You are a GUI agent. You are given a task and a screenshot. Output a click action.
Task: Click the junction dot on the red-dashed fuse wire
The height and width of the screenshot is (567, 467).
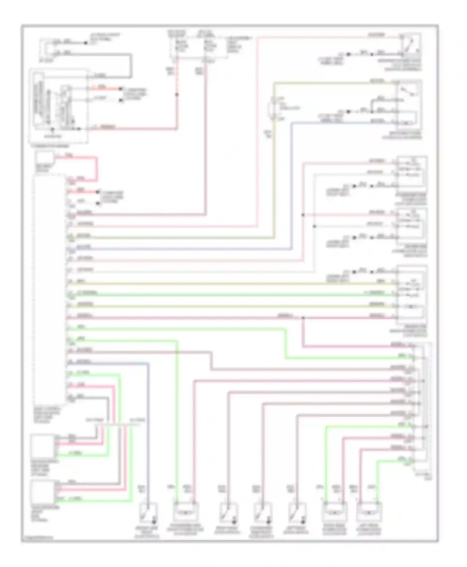tap(177, 94)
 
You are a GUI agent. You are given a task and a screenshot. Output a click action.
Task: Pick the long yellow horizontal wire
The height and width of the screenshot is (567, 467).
tap(230, 283)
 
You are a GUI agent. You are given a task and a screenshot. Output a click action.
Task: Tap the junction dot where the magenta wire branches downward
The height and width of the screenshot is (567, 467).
tap(303, 318)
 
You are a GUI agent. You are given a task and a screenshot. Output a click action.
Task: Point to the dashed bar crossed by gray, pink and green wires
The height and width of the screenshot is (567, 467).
tap(117, 425)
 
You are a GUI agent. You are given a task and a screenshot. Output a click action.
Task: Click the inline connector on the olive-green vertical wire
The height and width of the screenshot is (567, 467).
tap(273, 109)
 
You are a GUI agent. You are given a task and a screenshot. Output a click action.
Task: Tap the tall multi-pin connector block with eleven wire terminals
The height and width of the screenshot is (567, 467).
tap(422, 404)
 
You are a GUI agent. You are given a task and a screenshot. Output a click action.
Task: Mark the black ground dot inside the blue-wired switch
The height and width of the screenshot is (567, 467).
tap(154, 522)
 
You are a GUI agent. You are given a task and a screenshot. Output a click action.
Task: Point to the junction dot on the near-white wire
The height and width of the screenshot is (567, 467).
tap(314, 226)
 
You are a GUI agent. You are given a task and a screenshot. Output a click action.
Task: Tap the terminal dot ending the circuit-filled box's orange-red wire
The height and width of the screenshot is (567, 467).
tap(121, 89)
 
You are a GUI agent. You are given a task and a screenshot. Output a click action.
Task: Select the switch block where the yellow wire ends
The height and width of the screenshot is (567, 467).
tap(412, 292)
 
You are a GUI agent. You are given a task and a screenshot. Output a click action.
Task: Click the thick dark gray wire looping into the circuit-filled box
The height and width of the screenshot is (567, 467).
tap(131, 65)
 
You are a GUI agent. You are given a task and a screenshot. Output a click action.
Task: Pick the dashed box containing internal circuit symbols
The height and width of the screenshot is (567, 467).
tap(59, 106)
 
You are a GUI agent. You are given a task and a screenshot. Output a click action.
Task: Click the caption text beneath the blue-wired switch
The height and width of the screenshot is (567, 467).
tap(147, 532)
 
